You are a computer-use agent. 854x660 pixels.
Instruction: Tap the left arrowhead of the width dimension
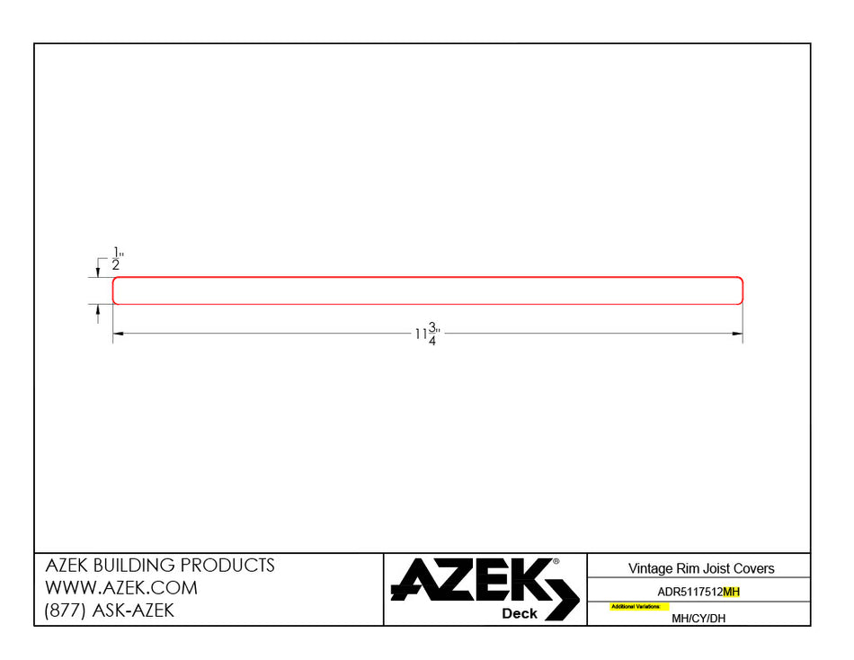(118, 334)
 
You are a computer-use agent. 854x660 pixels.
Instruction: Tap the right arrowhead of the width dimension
(737, 334)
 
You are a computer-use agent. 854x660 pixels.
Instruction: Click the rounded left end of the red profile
(114, 290)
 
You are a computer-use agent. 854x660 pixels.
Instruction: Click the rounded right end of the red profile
(741, 290)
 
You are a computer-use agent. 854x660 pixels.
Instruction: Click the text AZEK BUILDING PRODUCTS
(160, 566)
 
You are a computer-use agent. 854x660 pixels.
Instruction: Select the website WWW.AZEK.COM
(121, 588)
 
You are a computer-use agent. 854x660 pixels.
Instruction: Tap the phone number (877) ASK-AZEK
(110, 611)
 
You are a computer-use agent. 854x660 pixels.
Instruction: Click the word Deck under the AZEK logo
(520, 613)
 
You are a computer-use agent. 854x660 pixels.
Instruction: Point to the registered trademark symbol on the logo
(556, 561)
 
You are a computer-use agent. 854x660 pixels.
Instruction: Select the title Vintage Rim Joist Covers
(701, 568)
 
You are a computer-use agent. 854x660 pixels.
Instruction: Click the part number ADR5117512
(689, 592)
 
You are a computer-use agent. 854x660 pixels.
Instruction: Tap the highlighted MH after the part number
(731, 592)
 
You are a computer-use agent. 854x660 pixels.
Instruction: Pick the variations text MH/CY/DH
(698, 618)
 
